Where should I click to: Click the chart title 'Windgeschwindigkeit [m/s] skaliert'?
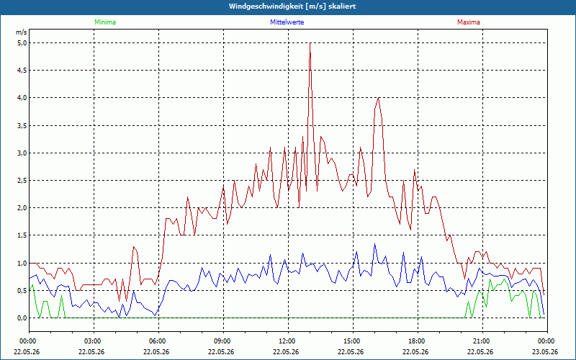[x=292, y=6]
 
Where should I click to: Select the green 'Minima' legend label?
[x=105, y=22]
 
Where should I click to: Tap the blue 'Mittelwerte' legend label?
[x=287, y=22]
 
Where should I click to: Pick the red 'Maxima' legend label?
[x=469, y=22]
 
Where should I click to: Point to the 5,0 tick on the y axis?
[x=22, y=43]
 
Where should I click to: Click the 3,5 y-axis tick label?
[x=22, y=125]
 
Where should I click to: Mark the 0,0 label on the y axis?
[x=22, y=318]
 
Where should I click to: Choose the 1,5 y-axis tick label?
[x=22, y=235]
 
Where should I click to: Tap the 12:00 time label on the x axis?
[x=288, y=341]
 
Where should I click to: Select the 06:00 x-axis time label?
[x=158, y=341]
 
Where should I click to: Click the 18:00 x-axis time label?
[x=418, y=341]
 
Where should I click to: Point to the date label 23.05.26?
[x=547, y=351]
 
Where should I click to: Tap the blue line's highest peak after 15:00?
[x=374, y=243]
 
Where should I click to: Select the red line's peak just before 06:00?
[x=134, y=246]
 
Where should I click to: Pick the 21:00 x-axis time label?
[x=482, y=341]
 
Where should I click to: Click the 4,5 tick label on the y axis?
[x=22, y=71]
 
